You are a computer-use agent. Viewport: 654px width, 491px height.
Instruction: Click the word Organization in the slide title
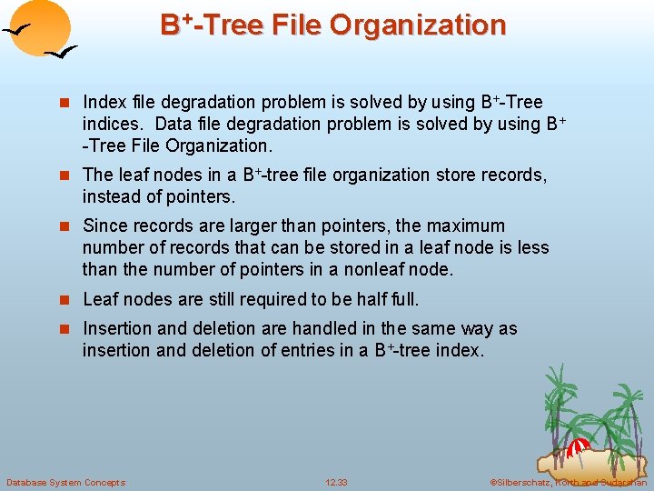(x=417, y=25)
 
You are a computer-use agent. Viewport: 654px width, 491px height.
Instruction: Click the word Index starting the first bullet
(x=104, y=103)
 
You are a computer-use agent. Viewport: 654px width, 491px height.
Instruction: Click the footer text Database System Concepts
(x=65, y=482)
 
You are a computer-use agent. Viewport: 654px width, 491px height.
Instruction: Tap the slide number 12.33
(x=336, y=482)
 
